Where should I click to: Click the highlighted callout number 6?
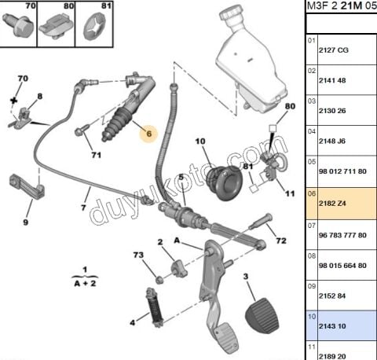[145, 134]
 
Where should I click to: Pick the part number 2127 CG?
[333, 50]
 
